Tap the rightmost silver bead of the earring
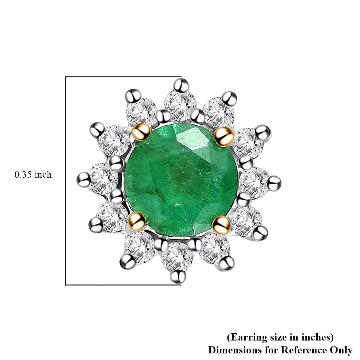coord(274,182)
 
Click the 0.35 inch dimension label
coord(33,175)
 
